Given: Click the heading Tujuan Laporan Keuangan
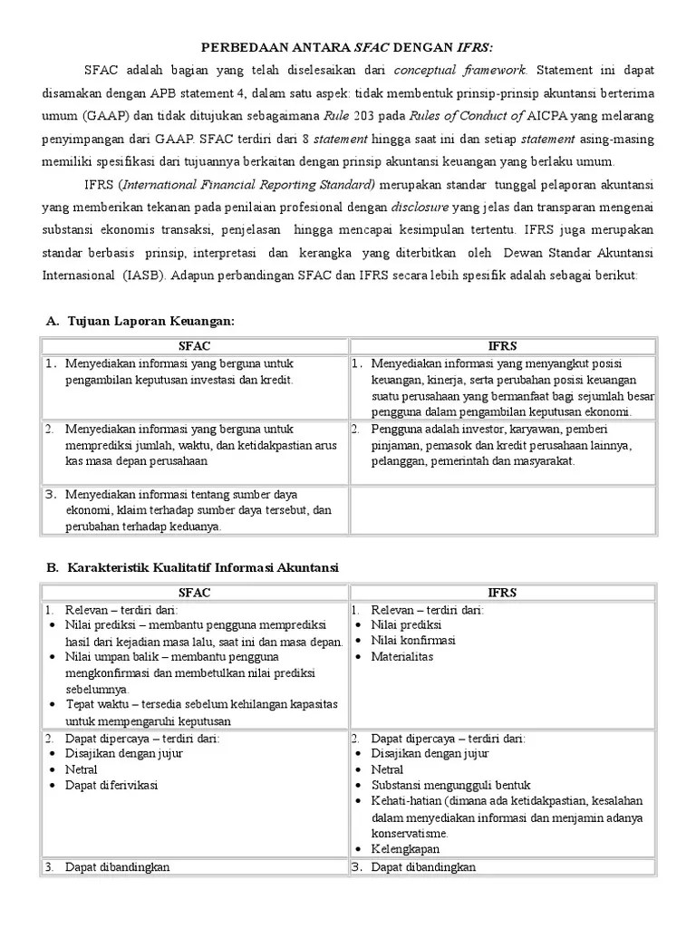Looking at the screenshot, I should [x=149, y=322].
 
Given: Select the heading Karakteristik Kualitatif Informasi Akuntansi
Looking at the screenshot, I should [x=201, y=567].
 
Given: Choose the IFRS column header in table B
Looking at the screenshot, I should [x=502, y=593].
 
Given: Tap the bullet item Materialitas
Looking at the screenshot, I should [x=402, y=656].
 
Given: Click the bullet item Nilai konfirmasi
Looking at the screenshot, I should [x=413, y=641].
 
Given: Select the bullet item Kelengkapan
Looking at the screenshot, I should [x=405, y=849].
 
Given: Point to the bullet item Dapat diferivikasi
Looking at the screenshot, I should [x=111, y=785].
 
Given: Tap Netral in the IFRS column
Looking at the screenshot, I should [x=387, y=769].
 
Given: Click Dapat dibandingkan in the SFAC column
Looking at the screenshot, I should [x=117, y=867].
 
